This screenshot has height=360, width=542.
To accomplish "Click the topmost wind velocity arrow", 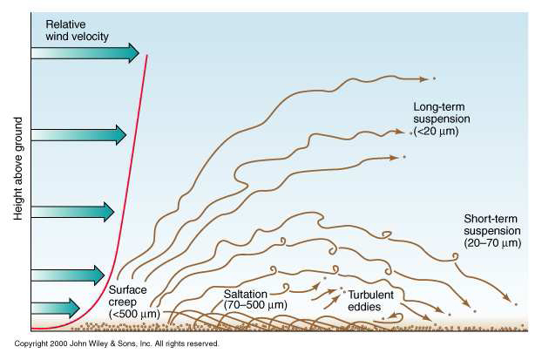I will coord(85,53).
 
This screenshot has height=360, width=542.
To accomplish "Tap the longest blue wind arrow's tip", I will coord(137,53).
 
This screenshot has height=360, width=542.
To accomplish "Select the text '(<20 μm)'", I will coord(437,131).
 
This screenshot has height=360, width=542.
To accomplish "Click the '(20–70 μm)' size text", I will coord(492,243).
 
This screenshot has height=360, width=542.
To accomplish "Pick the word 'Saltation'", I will coord(246,293).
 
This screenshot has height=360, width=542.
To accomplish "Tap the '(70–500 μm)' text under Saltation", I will coord(254,305).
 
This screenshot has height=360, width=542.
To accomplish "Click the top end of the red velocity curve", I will coord(146,56).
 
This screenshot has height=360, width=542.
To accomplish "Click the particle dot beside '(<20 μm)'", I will coord(412,133).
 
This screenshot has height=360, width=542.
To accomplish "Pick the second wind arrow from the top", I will coord(78,134).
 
